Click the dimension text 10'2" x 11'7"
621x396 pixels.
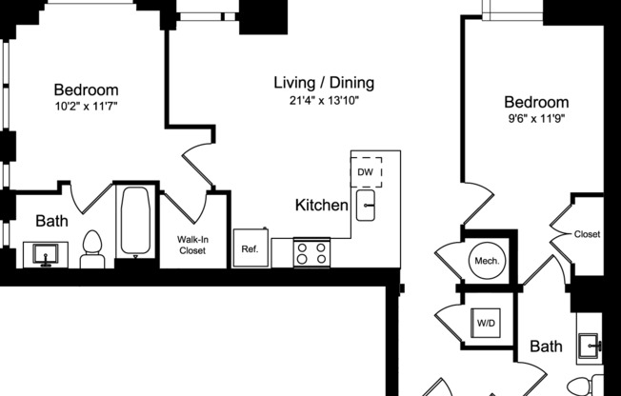(x=86, y=107)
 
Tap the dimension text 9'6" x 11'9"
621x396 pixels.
(x=536, y=120)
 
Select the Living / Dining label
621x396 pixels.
(x=324, y=82)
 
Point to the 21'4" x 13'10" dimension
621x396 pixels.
(x=324, y=100)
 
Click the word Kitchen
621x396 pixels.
(x=321, y=205)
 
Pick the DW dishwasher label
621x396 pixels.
(x=365, y=171)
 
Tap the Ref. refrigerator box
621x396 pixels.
(x=250, y=249)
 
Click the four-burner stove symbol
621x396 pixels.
(x=311, y=253)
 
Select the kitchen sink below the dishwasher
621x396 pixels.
(x=367, y=206)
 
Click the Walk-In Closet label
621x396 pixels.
(x=193, y=245)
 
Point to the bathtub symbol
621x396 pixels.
(x=136, y=221)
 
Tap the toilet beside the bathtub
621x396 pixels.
(x=92, y=247)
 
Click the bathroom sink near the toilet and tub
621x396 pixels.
(x=44, y=254)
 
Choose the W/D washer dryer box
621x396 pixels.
(x=486, y=324)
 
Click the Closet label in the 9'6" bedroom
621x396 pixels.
(x=587, y=234)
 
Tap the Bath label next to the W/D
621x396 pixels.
(x=547, y=346)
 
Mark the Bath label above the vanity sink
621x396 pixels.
(x=51, y=221)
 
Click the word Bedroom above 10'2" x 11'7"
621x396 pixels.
(x=86, y=89)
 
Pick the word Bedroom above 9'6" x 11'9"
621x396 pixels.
(x=536, y=103)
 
